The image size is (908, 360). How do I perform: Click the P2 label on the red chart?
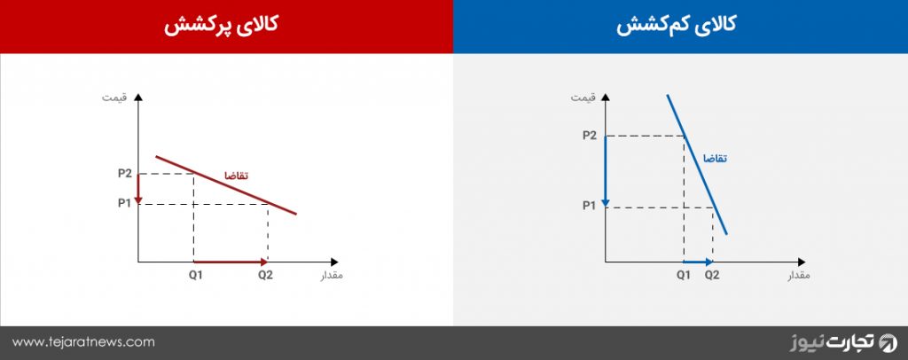(x=125, y=173)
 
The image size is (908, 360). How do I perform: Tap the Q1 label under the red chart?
(x=195, y=275)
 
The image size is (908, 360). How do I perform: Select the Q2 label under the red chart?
(x=265, y=275)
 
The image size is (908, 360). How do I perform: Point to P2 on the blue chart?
(x=589, y=136)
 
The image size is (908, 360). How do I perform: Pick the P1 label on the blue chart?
(x=589, y=206)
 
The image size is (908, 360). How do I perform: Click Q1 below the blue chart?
(x=684, y=275)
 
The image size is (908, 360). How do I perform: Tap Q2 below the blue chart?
(x=712, y=275)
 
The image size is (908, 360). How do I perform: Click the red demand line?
(x=226, y=185)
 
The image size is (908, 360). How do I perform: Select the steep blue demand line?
(x=697, y=164)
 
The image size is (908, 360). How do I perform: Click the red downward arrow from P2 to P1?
(x=137, y=189)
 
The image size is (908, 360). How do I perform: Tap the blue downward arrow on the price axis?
(x=605, y=171)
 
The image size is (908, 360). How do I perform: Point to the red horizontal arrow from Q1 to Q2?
(x=231, y=262)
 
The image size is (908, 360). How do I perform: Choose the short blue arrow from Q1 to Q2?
(x=699, y=262)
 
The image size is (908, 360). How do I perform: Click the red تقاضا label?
(x=236, y=176)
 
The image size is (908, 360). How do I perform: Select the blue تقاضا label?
(x=715, y=158)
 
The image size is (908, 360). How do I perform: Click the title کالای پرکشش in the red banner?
(x=221, y=26)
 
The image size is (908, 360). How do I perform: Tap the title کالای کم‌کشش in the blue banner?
(x=676, y=26)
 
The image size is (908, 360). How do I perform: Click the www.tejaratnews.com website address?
(x=83, y=342)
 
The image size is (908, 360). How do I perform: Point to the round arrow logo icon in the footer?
(x=888, y=342)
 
